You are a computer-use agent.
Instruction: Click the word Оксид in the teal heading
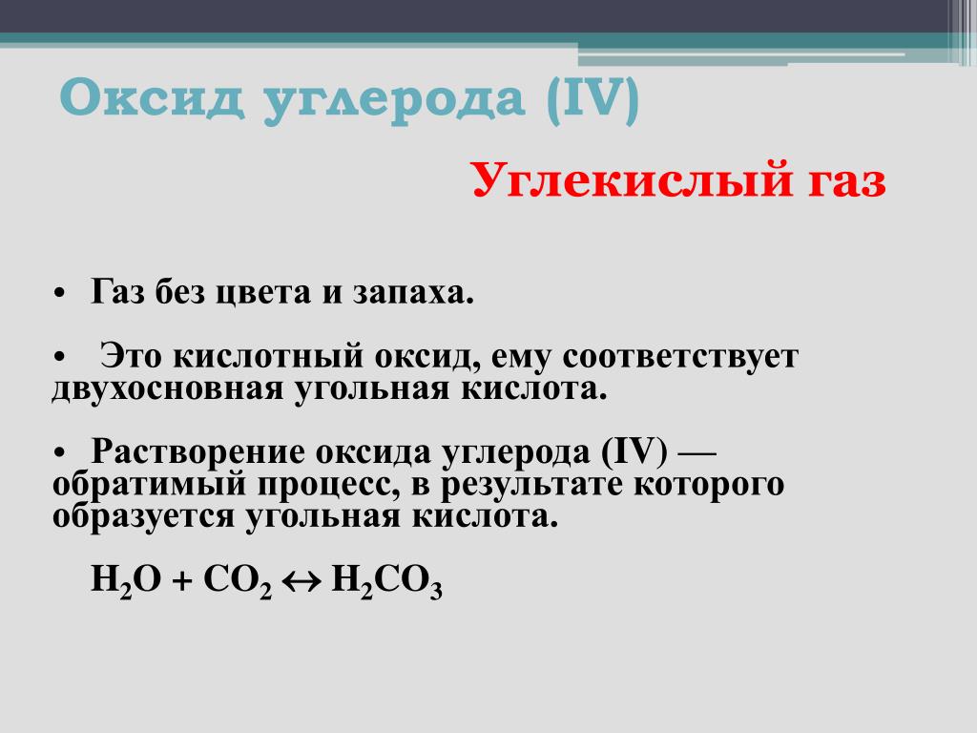152,98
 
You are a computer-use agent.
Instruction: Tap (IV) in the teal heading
592,99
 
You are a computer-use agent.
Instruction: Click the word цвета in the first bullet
262,292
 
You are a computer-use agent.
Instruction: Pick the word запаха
413,293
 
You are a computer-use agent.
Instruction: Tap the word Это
132,356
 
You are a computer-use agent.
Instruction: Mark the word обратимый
149,484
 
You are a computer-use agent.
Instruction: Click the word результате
531,485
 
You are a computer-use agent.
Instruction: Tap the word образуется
143,516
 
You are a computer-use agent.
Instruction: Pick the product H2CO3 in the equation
387,581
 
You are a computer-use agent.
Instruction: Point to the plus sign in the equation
182,582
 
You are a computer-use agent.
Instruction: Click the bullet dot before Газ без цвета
60,294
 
